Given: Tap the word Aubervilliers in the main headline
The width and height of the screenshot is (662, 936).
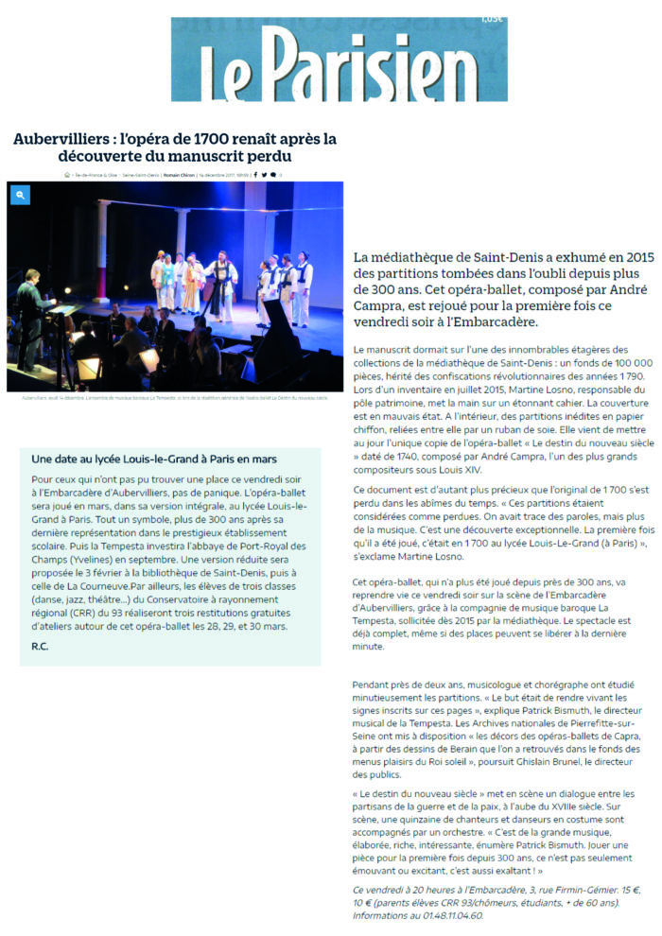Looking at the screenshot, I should (x=58, y=138).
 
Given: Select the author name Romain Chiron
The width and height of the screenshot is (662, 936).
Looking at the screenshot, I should (x=179, y=174).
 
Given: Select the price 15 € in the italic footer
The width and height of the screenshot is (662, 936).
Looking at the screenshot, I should (x=601, y=890).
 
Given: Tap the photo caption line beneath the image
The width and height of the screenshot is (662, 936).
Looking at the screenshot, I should (x=175, y=398).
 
